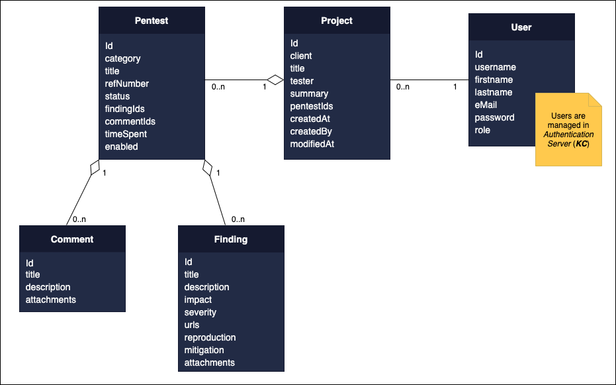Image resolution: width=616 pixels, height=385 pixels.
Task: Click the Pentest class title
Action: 151,21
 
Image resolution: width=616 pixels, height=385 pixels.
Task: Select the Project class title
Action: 336,21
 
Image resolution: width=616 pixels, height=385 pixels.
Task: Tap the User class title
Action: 521,27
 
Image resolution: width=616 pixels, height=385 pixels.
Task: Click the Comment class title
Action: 72,239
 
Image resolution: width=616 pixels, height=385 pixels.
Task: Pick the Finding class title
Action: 231,239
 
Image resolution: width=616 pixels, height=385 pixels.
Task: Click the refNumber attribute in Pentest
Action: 126,83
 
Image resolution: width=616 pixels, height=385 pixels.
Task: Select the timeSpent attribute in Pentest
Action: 126,134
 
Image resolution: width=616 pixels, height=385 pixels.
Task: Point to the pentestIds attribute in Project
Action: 312,106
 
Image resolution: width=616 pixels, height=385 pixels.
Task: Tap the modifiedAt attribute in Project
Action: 312,144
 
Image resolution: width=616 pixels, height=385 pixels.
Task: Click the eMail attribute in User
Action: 486,105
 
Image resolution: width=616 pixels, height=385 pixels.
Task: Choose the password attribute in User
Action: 494,117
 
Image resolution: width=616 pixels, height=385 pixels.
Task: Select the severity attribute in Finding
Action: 200,312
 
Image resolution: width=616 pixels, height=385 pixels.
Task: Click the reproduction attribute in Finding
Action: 210,337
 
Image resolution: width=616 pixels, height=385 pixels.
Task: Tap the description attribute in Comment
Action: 48,287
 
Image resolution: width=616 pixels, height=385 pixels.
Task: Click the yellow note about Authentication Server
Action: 567,130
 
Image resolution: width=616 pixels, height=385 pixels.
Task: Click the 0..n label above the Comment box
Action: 79,219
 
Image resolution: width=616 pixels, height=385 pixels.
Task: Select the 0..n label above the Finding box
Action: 238,219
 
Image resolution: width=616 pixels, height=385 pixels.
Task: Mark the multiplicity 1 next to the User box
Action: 455,87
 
